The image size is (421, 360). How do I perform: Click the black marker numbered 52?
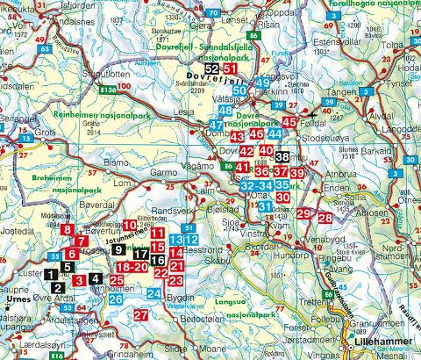(x=211, y=69)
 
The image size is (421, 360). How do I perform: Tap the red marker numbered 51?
(x=230, y=69)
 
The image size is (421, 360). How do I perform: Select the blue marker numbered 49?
(x=262, y=83)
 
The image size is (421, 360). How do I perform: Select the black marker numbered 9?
(x=119, y=250)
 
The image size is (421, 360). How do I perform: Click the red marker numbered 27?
(x=141, y=315)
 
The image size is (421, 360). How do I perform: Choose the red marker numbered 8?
(x=68, y=231)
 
